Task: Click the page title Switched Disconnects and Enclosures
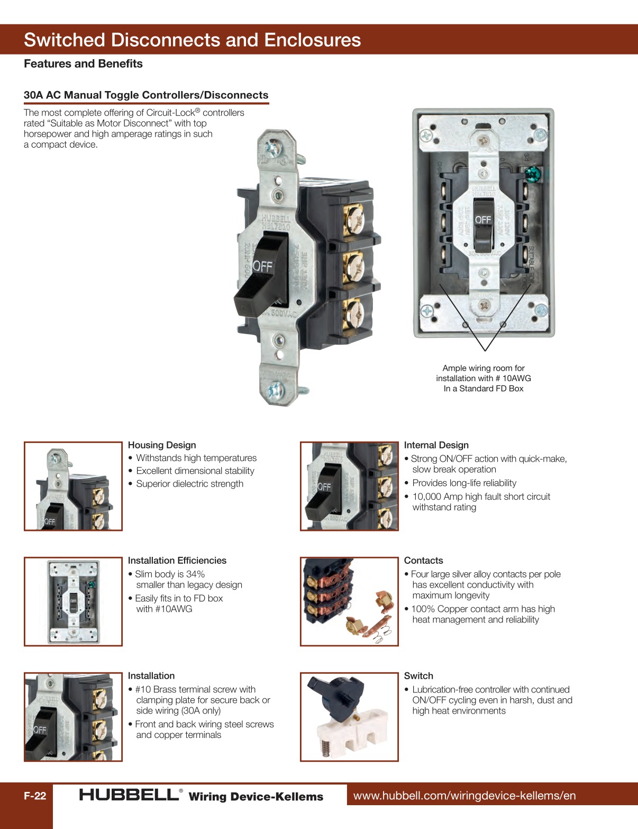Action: tap(192, 40)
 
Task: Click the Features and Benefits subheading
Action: tap(83, 64)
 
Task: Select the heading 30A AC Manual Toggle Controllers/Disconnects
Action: tap(146, 95)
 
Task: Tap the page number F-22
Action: tap(35, 796)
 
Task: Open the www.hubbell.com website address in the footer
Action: tap(464, 796)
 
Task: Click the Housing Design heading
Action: tap(162, 445)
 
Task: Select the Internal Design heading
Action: tap(436, 445)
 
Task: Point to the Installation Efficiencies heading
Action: tap(177, 561)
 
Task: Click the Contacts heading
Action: tap(423, 561)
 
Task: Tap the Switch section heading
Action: tap(418, 676)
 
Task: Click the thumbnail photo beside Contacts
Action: tap(349, 601)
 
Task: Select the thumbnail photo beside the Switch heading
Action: tap(349, 717)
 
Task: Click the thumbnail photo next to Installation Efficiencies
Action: tap(73, 601)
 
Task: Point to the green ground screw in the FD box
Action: tap(532, 173)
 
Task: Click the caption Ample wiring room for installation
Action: tap(484, 378)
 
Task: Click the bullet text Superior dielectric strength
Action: tap(189, 484)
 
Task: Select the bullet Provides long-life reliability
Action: tap(464, 483)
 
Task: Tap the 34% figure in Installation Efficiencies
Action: tap(195, 574)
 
